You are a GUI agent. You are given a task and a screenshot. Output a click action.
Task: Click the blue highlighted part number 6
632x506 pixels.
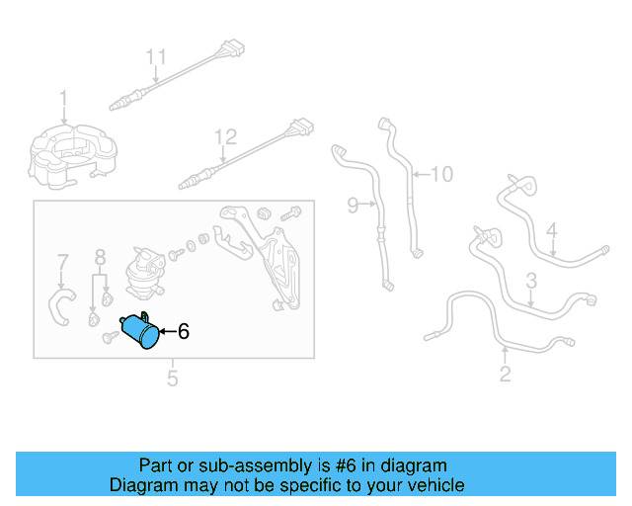139,330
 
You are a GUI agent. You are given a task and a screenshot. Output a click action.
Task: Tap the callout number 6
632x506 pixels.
184,331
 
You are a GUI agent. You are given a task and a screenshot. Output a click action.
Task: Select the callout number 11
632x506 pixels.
156,57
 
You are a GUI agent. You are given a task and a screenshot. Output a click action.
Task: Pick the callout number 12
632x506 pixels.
225,137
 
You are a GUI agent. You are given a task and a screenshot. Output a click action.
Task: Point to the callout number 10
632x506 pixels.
442,174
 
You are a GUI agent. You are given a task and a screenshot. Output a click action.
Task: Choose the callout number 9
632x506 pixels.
353,205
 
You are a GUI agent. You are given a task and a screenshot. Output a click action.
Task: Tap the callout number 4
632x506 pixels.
552,230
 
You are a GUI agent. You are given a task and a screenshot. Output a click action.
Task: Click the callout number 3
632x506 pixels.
531,281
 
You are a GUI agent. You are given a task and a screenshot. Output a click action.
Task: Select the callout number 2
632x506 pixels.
505,374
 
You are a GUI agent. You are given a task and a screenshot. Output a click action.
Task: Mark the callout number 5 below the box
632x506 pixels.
173,379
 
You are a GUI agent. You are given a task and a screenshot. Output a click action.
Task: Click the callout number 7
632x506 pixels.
62,262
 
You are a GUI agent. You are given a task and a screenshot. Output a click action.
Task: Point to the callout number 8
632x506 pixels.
100,257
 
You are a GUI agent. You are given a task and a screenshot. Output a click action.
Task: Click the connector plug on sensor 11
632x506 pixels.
232,49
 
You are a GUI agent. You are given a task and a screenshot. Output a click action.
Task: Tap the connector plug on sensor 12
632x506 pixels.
302,127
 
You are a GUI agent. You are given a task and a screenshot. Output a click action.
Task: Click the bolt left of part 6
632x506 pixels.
110,337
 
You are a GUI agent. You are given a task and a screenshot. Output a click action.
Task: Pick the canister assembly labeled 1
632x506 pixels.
73,156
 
